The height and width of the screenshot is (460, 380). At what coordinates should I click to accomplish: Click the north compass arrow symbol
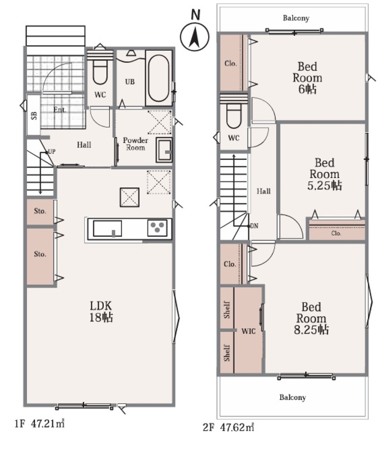195,37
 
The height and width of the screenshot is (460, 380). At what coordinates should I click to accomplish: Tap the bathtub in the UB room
158,78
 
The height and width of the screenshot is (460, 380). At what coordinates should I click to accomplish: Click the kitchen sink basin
108,229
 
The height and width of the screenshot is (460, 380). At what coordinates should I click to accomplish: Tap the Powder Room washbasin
164,150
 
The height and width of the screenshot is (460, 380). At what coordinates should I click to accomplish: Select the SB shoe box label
34,116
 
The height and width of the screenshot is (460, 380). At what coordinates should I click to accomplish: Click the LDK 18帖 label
101,312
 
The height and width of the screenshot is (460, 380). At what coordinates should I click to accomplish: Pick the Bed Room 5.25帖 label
325,174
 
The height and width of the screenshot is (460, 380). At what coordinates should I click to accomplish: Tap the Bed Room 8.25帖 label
311,318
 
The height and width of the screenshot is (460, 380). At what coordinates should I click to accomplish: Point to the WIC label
249,331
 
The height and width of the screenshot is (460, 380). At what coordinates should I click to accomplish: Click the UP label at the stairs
51,151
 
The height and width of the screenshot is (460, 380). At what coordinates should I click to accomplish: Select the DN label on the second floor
254,226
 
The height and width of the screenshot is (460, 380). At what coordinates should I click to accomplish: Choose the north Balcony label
296,18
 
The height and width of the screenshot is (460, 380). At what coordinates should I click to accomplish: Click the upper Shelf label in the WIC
227,310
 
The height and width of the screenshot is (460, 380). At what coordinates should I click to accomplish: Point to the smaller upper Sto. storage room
40,212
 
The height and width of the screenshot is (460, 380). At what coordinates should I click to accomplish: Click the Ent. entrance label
60,110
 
